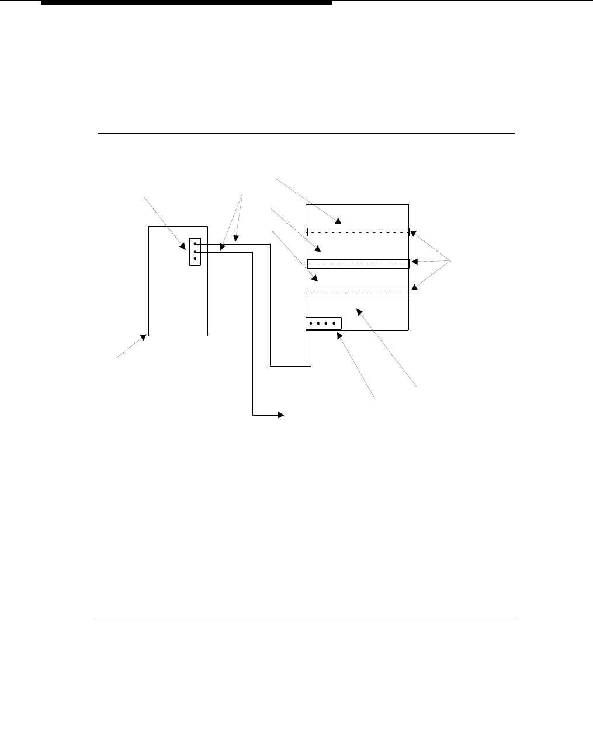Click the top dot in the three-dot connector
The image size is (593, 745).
195,245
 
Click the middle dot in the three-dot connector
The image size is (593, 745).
195,252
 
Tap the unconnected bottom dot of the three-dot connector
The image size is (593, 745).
195,258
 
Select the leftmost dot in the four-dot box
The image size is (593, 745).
311,323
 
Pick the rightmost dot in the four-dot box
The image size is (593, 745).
334,323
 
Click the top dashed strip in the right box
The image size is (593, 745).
358,232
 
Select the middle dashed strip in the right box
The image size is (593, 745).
358,263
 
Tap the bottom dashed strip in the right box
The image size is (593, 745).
358,293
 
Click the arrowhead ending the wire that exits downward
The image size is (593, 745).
280,415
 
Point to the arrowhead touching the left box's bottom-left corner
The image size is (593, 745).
143,338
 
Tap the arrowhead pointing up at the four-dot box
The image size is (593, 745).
339,336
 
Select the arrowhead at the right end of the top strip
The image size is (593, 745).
413,233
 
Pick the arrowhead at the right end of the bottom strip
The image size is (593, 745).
414,287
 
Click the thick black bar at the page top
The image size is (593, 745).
187,2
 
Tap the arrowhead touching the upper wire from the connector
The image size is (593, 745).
236,238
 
